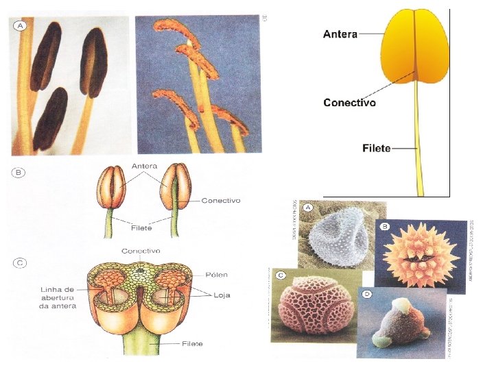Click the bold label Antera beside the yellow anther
coord(340,34)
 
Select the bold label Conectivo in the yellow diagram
coord(349,102)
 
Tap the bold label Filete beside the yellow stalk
coord(376,147)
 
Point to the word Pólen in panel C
coord(217,275)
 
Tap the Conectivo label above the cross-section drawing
coord(141,251)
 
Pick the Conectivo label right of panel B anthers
coord(221,201)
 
